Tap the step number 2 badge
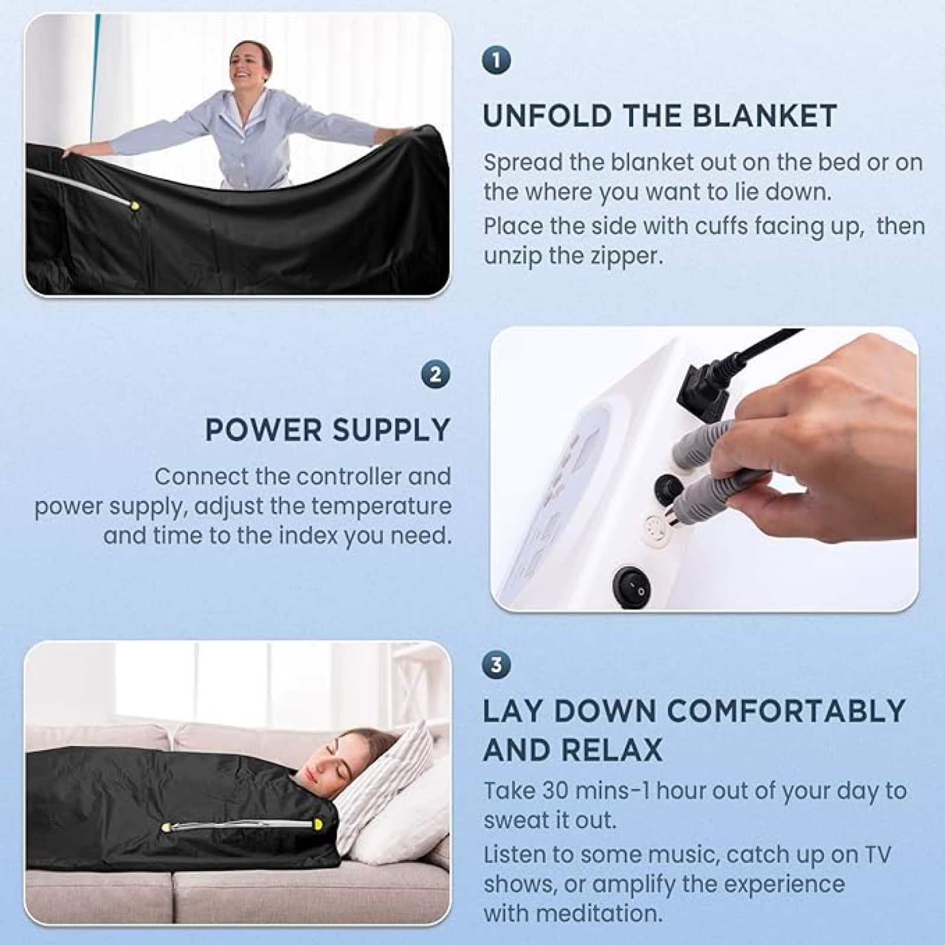coord(436,374)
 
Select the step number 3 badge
coord(496,664)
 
